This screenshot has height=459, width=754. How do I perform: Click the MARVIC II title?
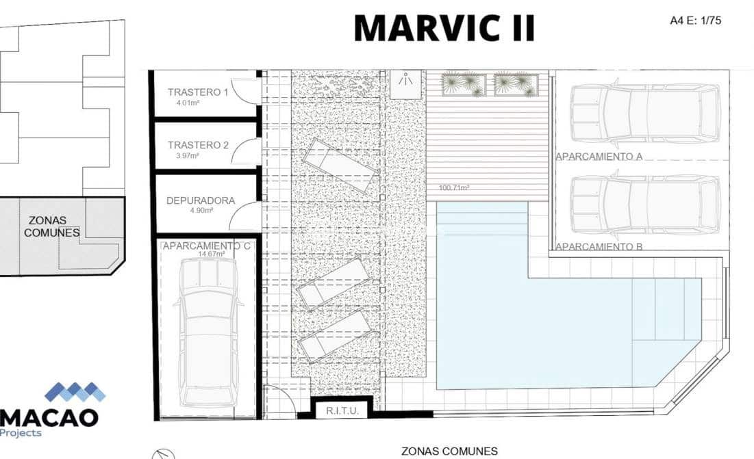tap(444, 28)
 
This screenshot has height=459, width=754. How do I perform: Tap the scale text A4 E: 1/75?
tap(695, 21)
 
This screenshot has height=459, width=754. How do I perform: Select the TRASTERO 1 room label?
tap(198, 92)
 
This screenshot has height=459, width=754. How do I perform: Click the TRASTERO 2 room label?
tap(198, 145)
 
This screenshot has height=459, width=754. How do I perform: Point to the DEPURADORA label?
tap(201, 200)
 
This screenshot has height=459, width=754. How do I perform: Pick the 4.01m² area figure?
tap(188, 103)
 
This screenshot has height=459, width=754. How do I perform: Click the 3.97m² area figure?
tap(188, 155)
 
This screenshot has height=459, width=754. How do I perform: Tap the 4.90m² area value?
tap(201, 210)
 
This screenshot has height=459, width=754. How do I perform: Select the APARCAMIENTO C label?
tap(207, 246)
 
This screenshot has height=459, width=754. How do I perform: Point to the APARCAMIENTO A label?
tap(599, 157)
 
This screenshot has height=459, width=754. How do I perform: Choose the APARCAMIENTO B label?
tap(599, 247)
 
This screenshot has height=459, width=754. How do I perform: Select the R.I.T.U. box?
tap(342, 410)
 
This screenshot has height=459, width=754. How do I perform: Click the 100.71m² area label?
tap(454, 187)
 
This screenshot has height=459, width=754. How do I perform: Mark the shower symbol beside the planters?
tap(405, 85)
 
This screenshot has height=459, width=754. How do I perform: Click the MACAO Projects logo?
tap(53, 410)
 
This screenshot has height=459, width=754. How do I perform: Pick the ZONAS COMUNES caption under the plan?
tap(450, 451)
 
